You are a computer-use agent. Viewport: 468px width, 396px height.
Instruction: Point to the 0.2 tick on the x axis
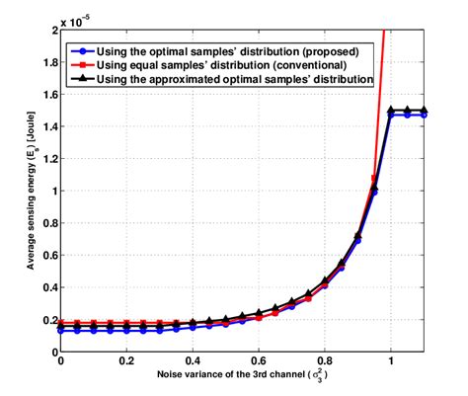coord(127,363)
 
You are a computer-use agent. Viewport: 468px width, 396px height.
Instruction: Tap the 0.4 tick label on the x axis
coord(194,363)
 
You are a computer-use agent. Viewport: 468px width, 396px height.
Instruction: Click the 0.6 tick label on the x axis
coord(259,363)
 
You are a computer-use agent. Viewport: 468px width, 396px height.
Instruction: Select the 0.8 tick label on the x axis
coord(325,363)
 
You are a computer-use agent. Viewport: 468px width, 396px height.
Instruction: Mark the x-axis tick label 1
coord(391,363)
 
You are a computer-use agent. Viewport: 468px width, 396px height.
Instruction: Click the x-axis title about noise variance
coord(243,378)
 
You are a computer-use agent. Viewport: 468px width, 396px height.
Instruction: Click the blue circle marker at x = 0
coord(61,331)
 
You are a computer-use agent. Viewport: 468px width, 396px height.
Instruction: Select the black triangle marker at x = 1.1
coord(424,111)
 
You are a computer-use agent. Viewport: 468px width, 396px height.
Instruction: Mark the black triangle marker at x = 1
coord(391,111)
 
